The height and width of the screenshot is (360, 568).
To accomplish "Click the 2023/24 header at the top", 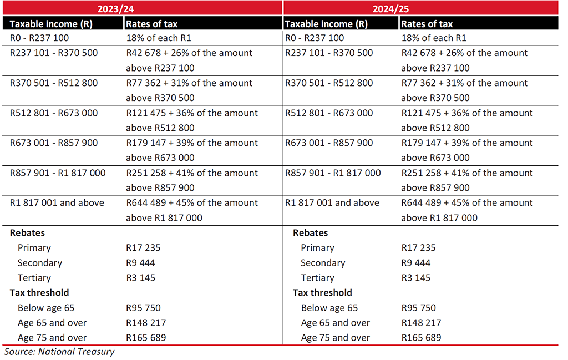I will [x=142, y=9].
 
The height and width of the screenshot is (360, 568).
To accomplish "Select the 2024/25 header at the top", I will [x=420, y=9].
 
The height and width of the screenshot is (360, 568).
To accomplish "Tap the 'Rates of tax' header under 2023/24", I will [x=152, y=24].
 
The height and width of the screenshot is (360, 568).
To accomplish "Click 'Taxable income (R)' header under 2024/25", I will [x=326, y=24].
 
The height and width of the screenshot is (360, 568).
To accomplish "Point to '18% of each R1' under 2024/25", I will [x=434, y=38].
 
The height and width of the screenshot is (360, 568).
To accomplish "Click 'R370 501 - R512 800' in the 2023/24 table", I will [x=54, y=83].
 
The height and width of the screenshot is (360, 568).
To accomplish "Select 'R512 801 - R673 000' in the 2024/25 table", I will [x=329, y=113].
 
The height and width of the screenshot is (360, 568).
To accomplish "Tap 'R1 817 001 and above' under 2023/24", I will [x=57, y=203].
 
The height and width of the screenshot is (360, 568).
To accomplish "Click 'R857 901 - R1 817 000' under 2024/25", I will [x=333, y=173].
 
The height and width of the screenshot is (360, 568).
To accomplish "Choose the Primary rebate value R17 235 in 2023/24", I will [x=143, y=248].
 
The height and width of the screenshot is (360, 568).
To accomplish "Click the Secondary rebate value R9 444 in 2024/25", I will [x=415, y=263].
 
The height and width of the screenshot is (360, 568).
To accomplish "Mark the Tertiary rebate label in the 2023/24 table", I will [x=34, y=278].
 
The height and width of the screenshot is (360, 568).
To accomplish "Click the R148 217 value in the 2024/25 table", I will [x=418, y=323].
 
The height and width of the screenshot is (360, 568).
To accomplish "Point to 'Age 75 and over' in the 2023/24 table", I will [x=52, y=338].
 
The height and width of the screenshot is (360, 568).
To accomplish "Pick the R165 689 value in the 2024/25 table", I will [x=418, y=338].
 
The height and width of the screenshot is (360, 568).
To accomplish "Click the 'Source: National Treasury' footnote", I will [x=59, y=352].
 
